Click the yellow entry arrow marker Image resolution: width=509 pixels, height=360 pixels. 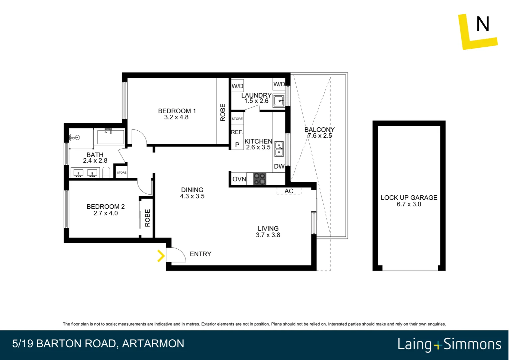coord(161,256)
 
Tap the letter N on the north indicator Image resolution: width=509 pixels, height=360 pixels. coord(482,24)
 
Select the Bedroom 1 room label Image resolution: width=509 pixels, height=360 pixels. coord(177,111)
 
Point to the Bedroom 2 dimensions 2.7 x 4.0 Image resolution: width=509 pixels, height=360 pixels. coord(105,213)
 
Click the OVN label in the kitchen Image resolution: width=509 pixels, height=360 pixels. coord(239,179)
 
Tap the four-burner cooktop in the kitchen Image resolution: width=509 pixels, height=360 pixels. coord(260,179)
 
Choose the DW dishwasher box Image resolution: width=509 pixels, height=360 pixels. coord(279,166)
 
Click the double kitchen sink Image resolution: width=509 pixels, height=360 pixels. coord(279,149)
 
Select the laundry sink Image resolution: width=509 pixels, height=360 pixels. coord(278,100)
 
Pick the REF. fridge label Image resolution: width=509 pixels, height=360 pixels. coord(237,132)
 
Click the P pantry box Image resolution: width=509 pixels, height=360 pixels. coord(237,145)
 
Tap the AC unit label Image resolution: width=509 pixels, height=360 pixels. coord(289,191)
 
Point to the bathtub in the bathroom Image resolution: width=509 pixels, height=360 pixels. coord(111,137)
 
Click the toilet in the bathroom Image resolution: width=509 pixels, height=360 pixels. coord(106,173)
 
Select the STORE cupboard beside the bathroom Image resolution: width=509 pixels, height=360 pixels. coord(122,172)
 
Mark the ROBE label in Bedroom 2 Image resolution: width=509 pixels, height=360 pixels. coord(148,218)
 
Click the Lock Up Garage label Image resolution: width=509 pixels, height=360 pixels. coord(409,198)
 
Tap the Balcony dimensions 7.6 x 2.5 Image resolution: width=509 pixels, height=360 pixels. coord(319,136)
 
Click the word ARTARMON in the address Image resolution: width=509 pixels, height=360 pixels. coord(153,343)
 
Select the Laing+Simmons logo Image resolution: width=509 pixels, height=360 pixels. coord(449,344)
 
